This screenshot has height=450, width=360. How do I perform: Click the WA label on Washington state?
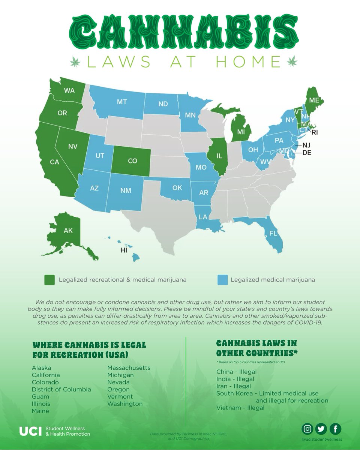pos(69,90)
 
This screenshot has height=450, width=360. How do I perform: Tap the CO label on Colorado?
pos(132,161)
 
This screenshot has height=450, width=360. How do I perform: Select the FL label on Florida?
pos(273,233)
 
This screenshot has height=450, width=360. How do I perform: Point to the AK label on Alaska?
pos(68,231)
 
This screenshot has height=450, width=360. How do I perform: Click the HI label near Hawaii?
pos(124,250)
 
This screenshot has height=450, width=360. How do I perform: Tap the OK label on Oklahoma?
pos(177,187)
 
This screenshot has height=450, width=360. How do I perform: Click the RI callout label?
pos(314,132)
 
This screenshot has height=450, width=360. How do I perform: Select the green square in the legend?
pos(49,280)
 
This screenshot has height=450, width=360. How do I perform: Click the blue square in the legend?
pos(223,280)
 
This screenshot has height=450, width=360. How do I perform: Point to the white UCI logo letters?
pos(30,431)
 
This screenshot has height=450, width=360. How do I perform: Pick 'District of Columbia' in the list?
pos(61,389)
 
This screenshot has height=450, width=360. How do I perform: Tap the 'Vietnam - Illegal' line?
pos(240,408)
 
